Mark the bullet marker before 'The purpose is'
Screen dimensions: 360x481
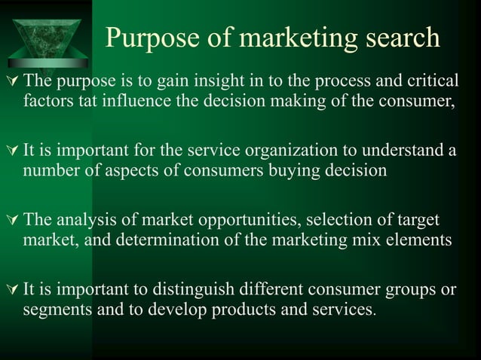(x=11, y=81)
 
